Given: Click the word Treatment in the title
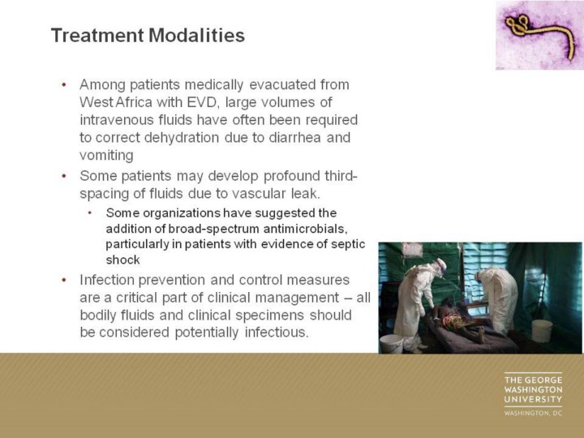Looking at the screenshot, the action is (x=97, y=36).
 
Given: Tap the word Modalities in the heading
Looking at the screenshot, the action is (x=196, y=36).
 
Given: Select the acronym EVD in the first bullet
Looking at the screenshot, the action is (x=202, y=102).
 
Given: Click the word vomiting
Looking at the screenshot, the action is (x=106, y=155).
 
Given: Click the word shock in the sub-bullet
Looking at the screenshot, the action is (x=122, y=260).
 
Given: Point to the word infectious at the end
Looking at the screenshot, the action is (x=277, y=333).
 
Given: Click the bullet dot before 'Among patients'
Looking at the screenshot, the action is (x=64, y=85).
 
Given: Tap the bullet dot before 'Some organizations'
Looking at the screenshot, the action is (x=90, y=213).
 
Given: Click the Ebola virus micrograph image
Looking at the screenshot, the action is (x=539, y=35).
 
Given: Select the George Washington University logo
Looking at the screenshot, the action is (x=533, y=394).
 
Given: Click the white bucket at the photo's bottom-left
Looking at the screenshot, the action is (x=391, y=343).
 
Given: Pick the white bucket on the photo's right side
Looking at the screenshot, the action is (x=542, y=331).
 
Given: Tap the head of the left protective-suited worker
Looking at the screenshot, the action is (x=440, y=267).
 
